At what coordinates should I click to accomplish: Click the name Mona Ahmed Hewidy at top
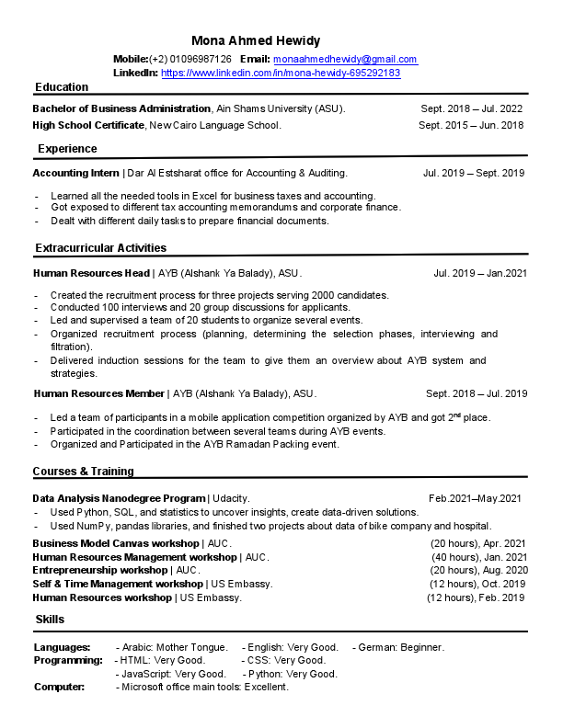coord(256,40)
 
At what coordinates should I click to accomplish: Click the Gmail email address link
coord(345,59)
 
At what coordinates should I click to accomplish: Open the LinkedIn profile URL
coord(281,73)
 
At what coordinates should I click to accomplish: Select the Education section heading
coord(62,87)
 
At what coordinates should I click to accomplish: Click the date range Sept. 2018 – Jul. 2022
coord(471,108)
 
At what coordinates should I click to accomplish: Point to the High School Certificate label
coord(88,125)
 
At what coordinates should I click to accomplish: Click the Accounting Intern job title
coord(76,173)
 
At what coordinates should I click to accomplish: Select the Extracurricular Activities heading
coord(101,248)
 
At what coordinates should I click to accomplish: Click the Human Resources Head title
coord(91,273)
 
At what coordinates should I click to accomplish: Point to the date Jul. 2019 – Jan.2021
coord(479,273)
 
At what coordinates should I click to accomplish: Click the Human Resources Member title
coord(98,393)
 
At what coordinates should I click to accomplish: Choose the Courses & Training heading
coord(84,472)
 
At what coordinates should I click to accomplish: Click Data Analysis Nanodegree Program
coord(119,498)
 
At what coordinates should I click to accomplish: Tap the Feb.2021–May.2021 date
coord(475,498)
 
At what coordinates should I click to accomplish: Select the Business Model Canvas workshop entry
coord(117,543)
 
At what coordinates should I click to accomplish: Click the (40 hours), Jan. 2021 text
coord(478,557)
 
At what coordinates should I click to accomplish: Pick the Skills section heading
coord(50,620)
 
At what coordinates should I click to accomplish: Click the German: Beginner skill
coord(401,647)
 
